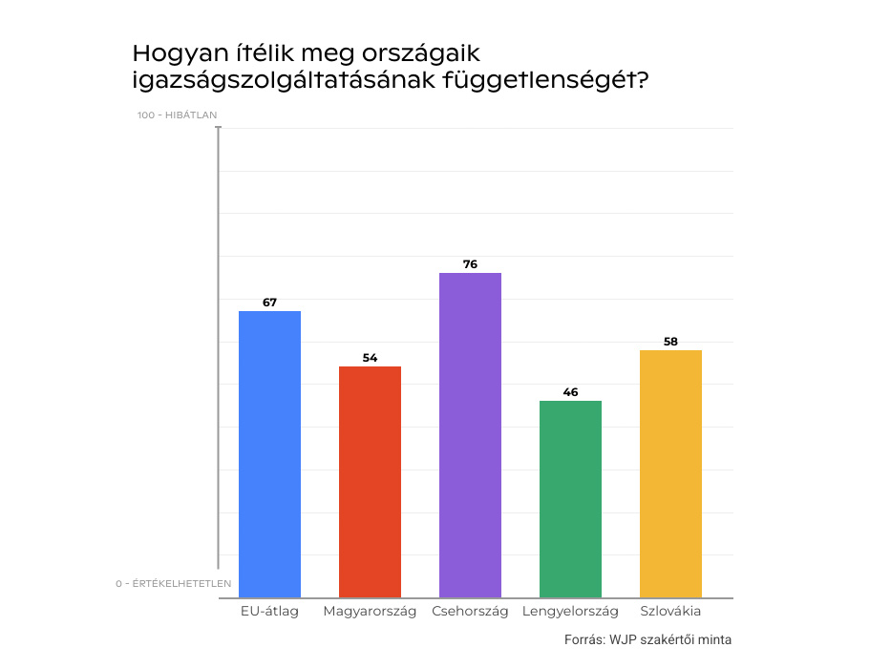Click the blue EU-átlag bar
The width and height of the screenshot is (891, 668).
coord(269,454)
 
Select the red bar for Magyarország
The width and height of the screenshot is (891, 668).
coord(370,482)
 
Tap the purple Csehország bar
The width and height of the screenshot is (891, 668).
coord(470,435)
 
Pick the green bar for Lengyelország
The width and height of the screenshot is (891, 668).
coord(570,499)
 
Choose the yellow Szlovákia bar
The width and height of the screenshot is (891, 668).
coord(670,473)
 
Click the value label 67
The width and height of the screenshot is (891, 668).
coord(269,303)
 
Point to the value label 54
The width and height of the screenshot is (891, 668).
coord(370,358)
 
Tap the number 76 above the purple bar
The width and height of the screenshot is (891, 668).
coord(470,264)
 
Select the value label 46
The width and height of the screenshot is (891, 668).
coord(570,392)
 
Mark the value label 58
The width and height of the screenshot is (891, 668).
coord(670,342)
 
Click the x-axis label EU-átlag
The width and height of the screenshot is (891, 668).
coord(269,612)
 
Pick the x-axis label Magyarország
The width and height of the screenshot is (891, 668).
coord(370,612)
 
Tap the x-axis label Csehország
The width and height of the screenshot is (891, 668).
coord(470,612)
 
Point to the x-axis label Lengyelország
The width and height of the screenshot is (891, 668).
coord(570,612)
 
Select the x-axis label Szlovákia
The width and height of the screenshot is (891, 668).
coord(670,612)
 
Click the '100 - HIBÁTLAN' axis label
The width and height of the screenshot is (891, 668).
coord(177,115)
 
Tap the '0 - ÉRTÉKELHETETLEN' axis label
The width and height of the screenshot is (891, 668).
coord(174,583)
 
